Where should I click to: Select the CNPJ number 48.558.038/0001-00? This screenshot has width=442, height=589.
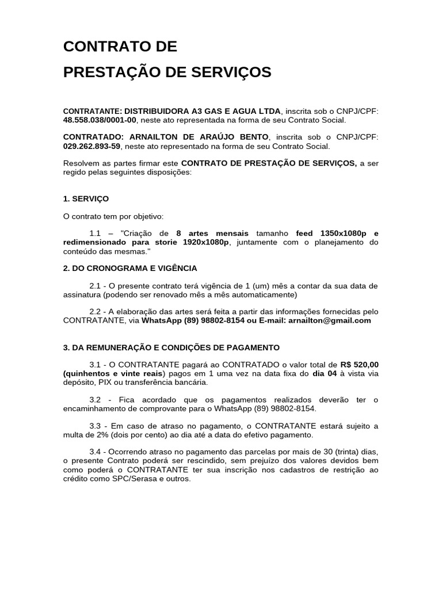(100, 120)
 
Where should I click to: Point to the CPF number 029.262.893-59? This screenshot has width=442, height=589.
(92, 147)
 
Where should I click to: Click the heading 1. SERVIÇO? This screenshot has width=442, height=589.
(86, 198)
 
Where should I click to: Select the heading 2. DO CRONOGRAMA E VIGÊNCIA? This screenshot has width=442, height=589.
(130, 268)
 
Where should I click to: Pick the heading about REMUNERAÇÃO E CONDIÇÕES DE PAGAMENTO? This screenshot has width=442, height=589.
(171, 347)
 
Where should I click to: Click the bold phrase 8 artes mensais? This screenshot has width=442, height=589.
(212, 233)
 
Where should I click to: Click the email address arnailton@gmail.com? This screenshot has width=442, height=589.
(330, 320)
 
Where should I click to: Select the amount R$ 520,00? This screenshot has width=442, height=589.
(360, 364)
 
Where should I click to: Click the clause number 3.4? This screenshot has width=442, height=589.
(96, 452)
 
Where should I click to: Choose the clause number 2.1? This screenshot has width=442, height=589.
(96, 286)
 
